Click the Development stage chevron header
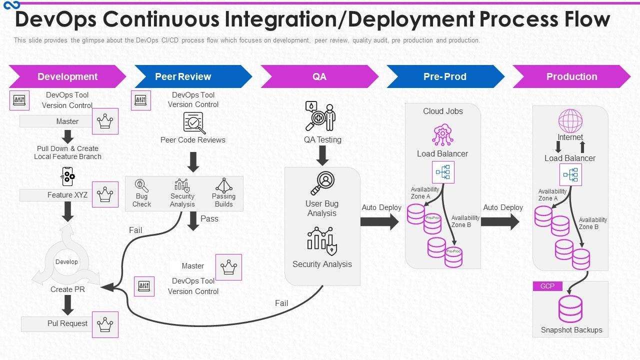coord(67,76)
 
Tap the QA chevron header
coord(319,76)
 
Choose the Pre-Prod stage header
coord(445,76)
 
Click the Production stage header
coord(571,76)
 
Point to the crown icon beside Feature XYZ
coord(105,194)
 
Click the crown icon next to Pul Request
coord(105,324)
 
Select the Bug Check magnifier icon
coord(141,185)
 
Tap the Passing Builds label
coord(223,200)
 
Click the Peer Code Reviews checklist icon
coord(193,123)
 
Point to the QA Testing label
coord(322,140)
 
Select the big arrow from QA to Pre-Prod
coord(379,221)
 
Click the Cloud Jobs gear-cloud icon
coord(442,135)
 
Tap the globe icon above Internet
coord(570,121)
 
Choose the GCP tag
coord(547,286)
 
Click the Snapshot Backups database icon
coord(570,309)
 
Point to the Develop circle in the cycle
coord(66,262)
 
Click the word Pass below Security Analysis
coord(209,218)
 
